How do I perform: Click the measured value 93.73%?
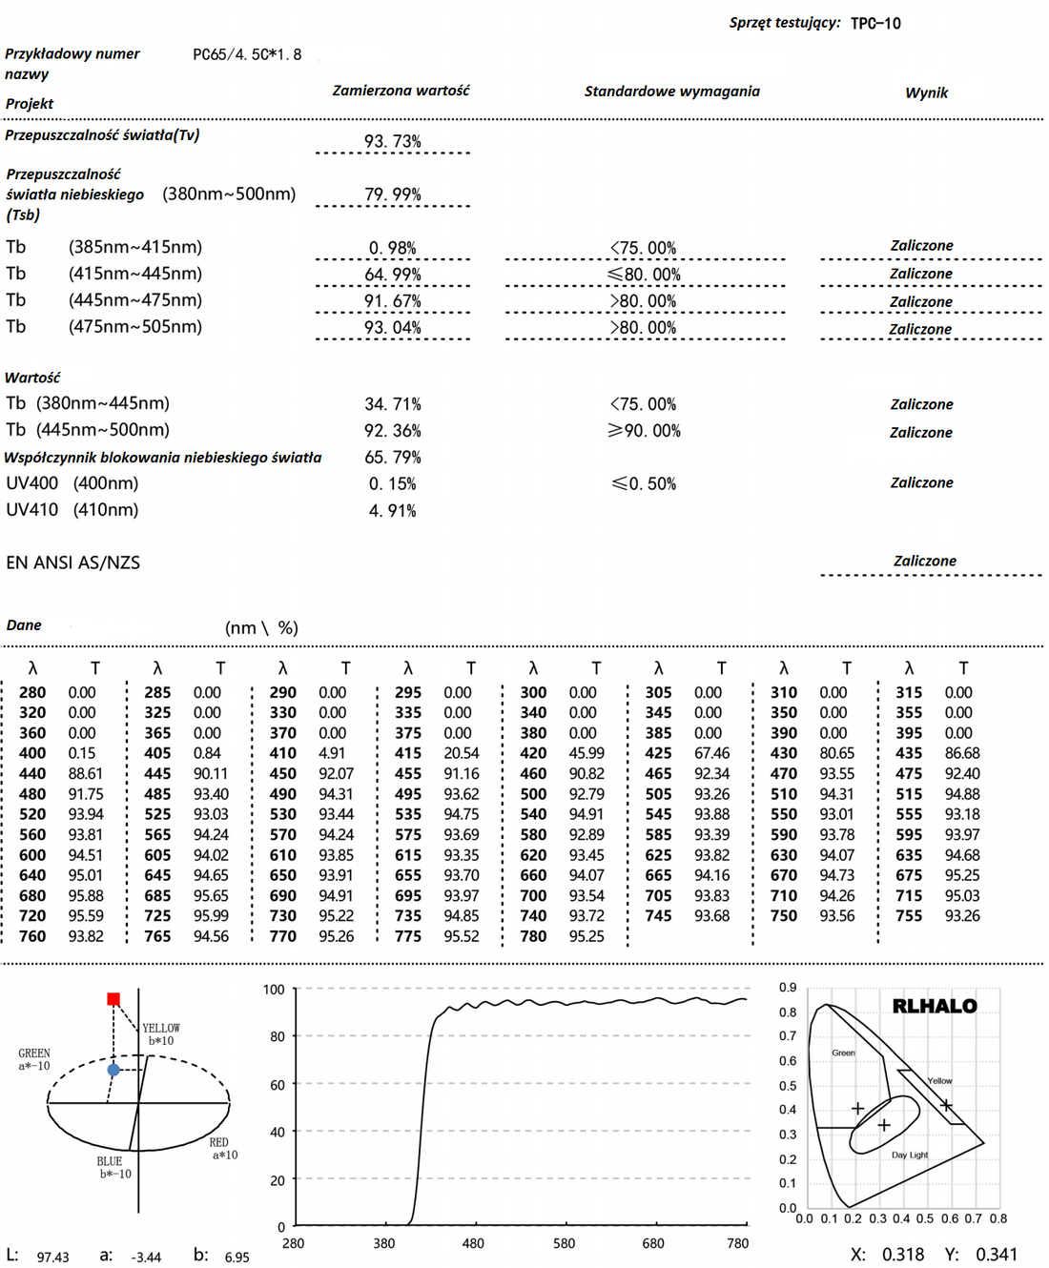click(392, 141)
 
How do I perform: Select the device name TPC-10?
click(874, 23)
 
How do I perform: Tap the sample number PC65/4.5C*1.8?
click(247, 54)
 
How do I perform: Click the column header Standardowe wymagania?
click(671, 92)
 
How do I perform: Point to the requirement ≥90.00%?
click(644, 431)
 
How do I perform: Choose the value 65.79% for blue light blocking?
click(392, 458)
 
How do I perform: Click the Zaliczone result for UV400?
click(921, 482)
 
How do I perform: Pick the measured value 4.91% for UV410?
click(392, 511)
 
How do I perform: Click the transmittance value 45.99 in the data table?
click(586, 753)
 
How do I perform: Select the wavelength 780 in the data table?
click(533, 936)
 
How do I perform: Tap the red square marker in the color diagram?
click(113, 998)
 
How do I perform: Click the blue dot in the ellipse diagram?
click(113, 1070)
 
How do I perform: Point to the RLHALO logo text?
click(934, 1006)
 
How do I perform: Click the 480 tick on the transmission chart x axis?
click(473, 1243)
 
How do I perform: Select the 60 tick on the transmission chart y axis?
click(277, 1084)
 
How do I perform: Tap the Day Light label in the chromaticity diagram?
click(910, 1155)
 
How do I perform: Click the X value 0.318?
click(902, 1255)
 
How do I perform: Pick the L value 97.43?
click(52, 1258)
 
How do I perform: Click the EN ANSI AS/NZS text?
click(73, 562)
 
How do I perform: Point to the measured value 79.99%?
click(392, 194)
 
